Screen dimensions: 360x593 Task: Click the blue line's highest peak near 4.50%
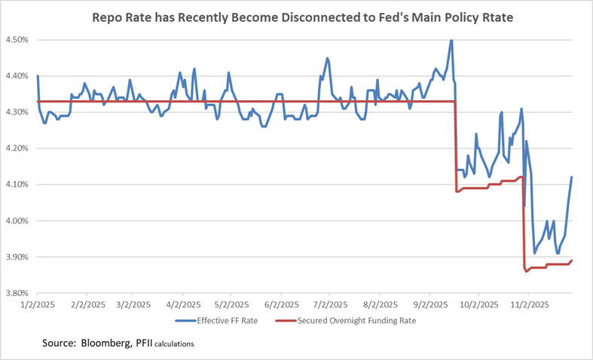click(x=451, y=41)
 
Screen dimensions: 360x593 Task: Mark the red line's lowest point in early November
click(x=526, y=271)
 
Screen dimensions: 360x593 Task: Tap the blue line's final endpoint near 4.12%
click(x=572, y=177)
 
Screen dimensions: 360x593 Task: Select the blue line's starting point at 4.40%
click(x=38, y=76)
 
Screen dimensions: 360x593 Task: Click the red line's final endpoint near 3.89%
click(x=572, y=261)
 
